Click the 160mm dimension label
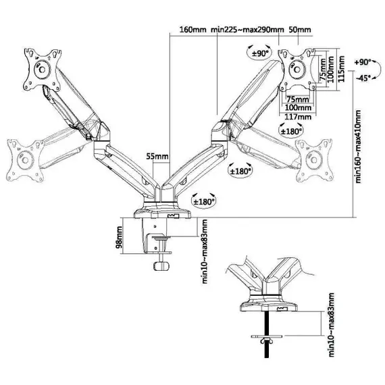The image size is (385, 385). click(x=192, y=30)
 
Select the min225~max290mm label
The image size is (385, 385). click(x=247, y=30)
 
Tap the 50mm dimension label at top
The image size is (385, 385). click(x=300, y=30)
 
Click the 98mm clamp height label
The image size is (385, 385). click(x=119, y=236)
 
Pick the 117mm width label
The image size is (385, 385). click(x=298, y=117)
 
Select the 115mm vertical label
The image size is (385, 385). click(x=341, y=69)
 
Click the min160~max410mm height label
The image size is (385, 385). click(x=358, y=146)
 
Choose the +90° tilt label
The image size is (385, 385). click(x=363, y=62)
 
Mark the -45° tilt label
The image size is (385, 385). click(x=363, y=78)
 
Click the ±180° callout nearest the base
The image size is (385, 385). click(x=203, y=201)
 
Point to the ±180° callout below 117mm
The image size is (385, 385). click(x=291, y=131)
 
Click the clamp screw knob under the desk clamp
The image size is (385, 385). click(x=161, y=266)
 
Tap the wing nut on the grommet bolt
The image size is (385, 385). click(x=266, y=340)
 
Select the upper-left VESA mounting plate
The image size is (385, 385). click(x=43, y=70)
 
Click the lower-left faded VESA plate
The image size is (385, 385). click(x=25, y=161)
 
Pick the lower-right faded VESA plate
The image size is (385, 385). click(x=314, y=160)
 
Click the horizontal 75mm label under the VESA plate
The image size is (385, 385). click(x=298, y=99)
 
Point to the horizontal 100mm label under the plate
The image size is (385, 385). click(x=298, y=107)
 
